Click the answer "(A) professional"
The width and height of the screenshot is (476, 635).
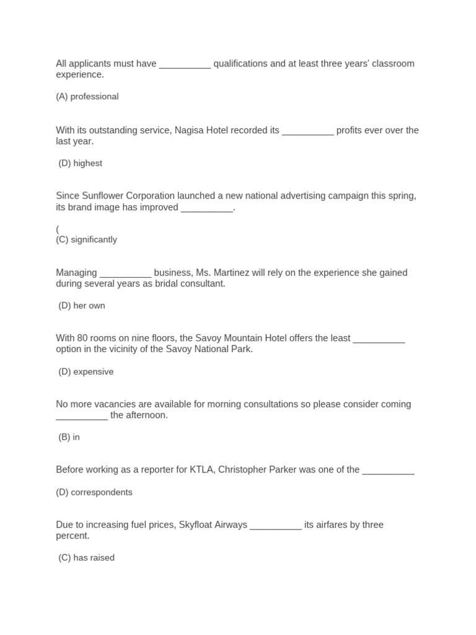(87, 97)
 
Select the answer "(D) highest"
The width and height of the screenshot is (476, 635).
(81, 164)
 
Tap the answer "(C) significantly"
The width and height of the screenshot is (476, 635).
(86, 240)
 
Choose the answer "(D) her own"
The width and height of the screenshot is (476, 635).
(82, 306)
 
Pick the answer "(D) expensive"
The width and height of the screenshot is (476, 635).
(86, 372)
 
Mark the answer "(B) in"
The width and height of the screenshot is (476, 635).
(69, 437)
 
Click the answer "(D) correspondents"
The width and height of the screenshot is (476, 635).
(94, 492)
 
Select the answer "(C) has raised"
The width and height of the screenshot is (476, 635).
(87, 558)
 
